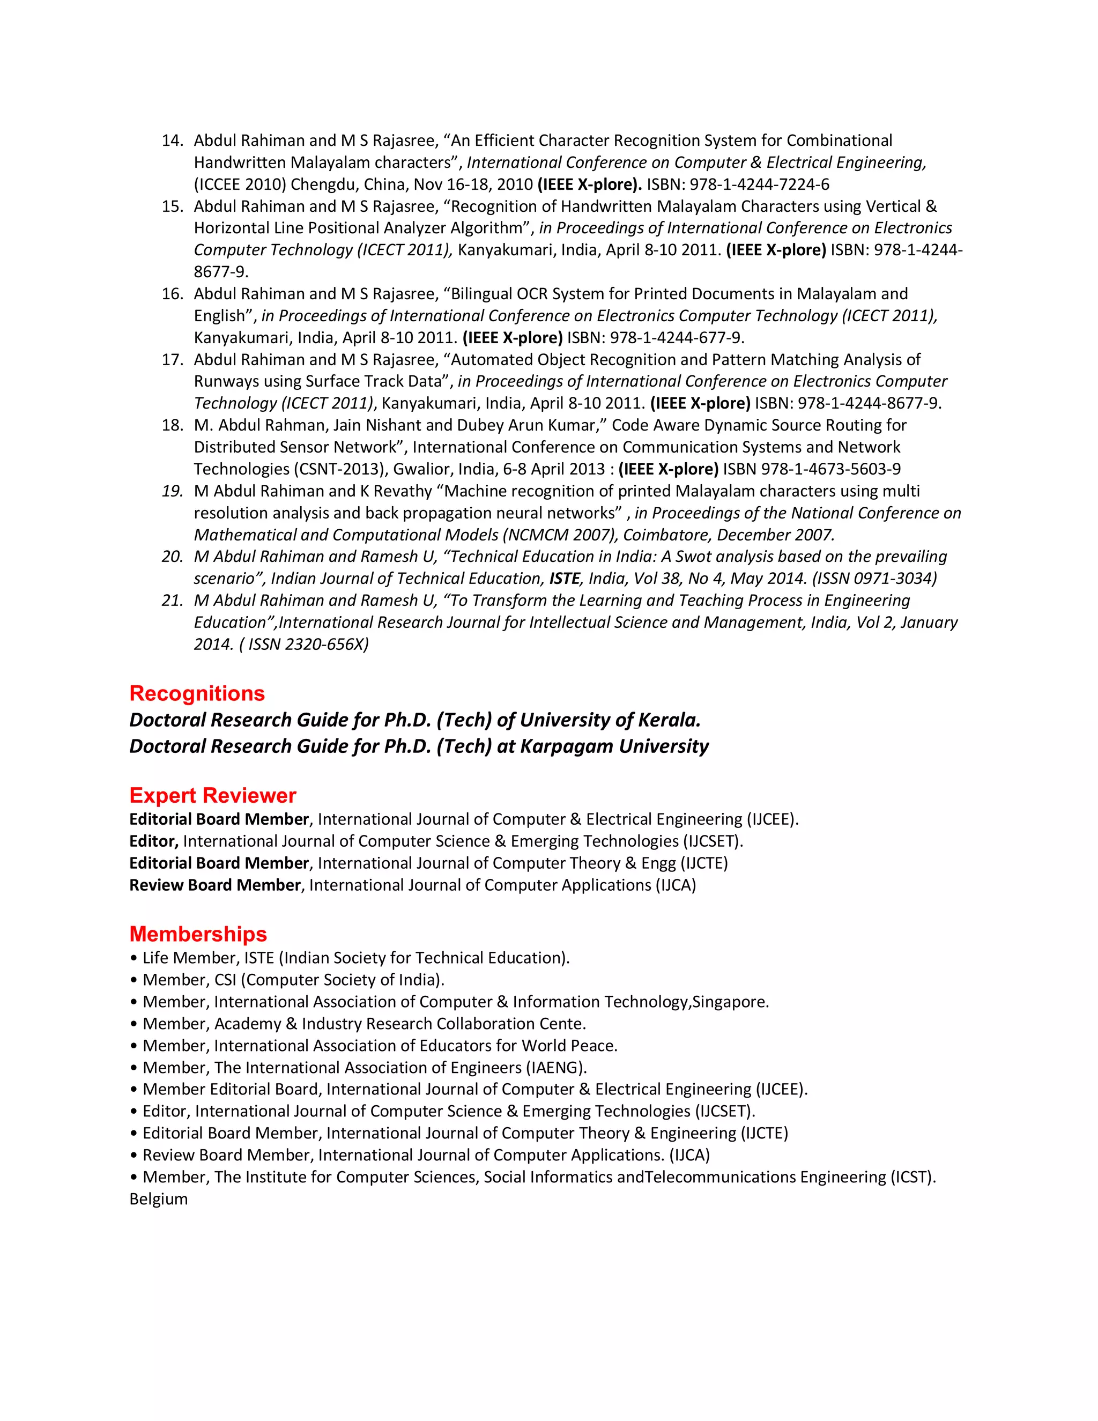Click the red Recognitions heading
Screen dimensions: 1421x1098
click(197, 693)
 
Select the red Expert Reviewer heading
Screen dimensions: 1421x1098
click(213, 796)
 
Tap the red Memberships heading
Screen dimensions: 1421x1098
click(198, 934)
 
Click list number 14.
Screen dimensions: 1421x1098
click(173, 140)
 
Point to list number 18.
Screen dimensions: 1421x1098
click(173, 426)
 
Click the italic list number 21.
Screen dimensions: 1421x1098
click(173, 601)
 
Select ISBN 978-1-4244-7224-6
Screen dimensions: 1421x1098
click(759, 185)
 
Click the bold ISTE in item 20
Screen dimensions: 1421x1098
click(564, 579)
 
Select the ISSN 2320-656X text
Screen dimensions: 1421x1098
click(308, 645)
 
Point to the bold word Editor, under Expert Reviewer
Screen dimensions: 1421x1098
click(153, 841)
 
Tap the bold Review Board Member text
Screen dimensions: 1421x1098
click(214, 885)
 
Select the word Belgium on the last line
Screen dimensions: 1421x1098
click(158, 1199)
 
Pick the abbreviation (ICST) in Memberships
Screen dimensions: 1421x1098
click(912, 1177)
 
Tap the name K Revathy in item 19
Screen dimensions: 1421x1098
click(396, 491)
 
